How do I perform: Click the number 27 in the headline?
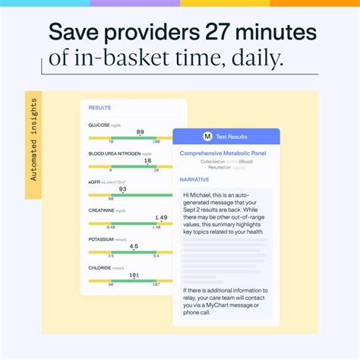[x=224, y=33]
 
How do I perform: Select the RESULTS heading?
[x=99, y=108]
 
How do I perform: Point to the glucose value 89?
[x=140, y=132]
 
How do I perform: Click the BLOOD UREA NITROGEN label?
[x=115, y=153]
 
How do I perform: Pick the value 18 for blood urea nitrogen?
[x=147, y=161]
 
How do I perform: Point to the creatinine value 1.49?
[x=161, y=218]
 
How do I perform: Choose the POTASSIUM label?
[x=101, y=239]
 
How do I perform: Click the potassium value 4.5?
[x=134, y=247]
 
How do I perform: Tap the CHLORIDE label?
[x=99, y=267]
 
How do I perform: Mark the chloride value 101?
[x=134, y=275]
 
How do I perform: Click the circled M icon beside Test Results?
[x=207, y=137]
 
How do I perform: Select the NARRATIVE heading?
[x=194, y=180]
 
